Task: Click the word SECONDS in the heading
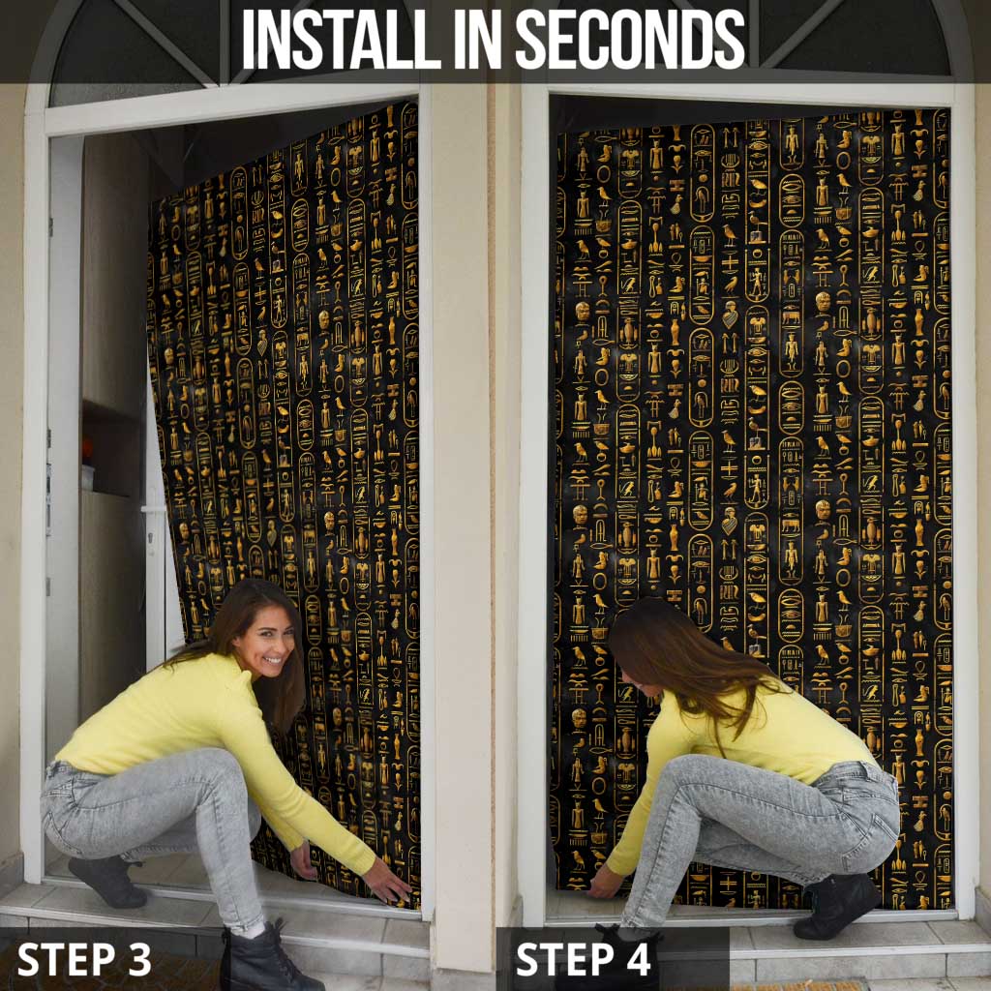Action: coord(630,39)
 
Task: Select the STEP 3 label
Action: coord(84,959)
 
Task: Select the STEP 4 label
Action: coord(583,959)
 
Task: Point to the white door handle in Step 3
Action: coord(154,508)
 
